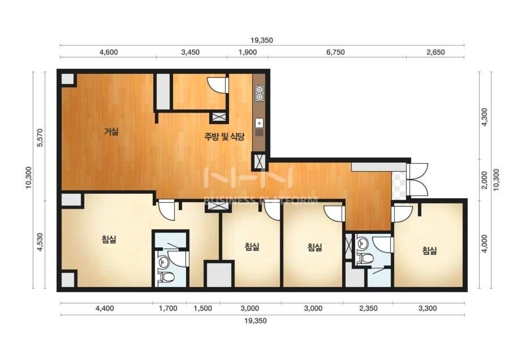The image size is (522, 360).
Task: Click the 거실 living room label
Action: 112,132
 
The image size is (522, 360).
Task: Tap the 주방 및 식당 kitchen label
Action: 224,136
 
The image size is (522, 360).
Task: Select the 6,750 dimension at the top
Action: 335,52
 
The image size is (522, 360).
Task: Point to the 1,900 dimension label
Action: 247,52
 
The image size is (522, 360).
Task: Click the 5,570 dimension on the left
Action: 40,137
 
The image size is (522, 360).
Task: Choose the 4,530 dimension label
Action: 40,242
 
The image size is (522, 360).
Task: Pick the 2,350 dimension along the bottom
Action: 368,308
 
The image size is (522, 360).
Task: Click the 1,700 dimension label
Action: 168,308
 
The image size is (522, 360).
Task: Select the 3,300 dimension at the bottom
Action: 427,308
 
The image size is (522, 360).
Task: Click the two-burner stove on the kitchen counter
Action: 260,93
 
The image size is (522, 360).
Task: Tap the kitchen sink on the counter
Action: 260,127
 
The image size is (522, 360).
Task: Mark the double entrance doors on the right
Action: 418,180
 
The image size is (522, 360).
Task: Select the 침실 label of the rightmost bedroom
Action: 430,250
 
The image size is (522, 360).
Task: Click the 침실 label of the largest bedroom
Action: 109,239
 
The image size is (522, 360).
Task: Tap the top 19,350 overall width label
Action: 261,40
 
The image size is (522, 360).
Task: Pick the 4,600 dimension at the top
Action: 109,52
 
